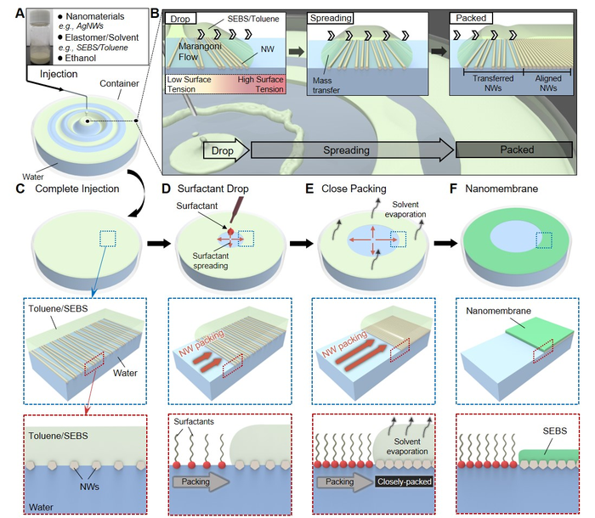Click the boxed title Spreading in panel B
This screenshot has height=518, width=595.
331,17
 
